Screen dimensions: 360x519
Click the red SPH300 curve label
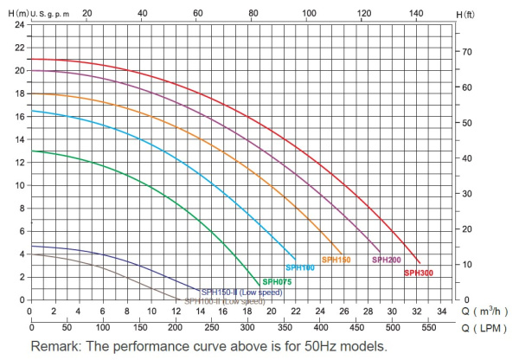tap(418, 273)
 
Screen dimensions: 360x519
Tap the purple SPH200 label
tap(387, 260)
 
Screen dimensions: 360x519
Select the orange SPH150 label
tap(336, 260)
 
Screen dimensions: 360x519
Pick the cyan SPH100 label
tap(299, 268)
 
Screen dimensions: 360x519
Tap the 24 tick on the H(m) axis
tap(20, 23)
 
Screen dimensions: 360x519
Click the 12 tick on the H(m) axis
tap(20, 162)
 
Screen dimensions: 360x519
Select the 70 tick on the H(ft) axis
tap(468, 53)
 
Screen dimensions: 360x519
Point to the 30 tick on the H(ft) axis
tap(468, 194)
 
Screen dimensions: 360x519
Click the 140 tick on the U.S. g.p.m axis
tap(418, 13)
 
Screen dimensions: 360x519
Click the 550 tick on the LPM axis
tap(430, 329)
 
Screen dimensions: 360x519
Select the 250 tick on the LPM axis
tap(212, 329)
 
